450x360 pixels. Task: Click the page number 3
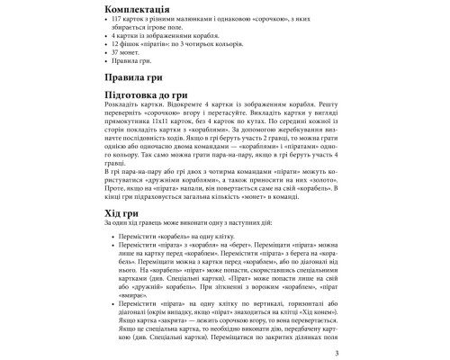point(334,353)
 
